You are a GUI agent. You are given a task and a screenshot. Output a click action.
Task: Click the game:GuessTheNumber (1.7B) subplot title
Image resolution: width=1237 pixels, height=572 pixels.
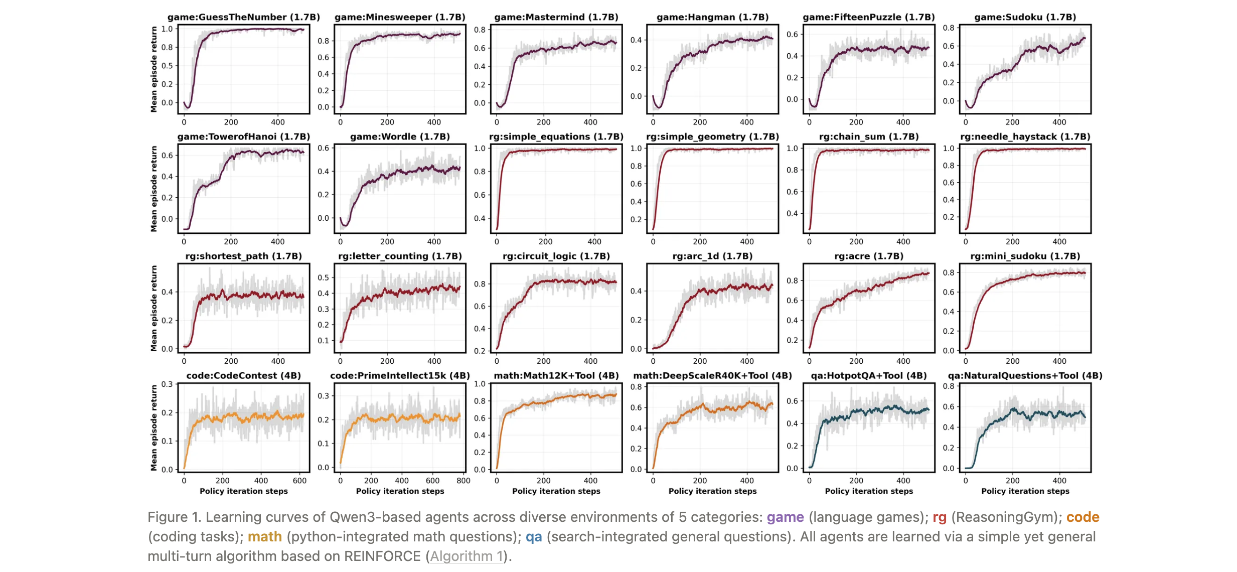click(243, 17)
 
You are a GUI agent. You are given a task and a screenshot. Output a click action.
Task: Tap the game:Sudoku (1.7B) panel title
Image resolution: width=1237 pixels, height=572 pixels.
click(1025, 17)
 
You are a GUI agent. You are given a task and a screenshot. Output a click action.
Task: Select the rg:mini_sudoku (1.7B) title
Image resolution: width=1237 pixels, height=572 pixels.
click(1025, 256)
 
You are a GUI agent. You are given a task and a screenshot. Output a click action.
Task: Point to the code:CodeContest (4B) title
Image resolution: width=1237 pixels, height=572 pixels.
click(243, 375)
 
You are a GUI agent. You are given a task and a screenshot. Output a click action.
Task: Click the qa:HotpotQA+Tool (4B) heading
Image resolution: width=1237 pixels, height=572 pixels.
click(868, 375)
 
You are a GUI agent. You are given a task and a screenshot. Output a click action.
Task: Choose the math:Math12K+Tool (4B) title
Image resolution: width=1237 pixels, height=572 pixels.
click(556, 375)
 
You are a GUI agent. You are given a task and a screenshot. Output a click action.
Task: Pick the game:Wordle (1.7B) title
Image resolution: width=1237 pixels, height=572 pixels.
click(400, 136)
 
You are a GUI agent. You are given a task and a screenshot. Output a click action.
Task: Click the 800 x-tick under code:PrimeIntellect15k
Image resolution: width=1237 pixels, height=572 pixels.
click(463, 481)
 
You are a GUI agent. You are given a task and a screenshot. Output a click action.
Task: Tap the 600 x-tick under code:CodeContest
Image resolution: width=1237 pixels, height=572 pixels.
click(299, 481)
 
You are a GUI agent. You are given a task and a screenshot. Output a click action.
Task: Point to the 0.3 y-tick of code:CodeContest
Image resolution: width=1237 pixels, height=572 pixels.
click(167, 384)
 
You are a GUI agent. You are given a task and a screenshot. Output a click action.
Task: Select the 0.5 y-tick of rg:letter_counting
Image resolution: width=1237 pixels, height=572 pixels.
click(323, 277)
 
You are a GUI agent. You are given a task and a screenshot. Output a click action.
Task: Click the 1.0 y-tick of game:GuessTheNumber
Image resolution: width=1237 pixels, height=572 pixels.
click(167, 29)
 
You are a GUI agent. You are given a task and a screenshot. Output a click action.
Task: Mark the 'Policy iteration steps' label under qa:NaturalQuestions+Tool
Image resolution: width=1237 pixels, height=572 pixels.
click(1025, 491)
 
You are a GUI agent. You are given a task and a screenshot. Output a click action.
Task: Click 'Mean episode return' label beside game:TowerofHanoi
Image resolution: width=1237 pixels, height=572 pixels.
click(154, 189)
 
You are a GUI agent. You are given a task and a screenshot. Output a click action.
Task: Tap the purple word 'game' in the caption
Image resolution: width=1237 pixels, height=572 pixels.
click(785, 517)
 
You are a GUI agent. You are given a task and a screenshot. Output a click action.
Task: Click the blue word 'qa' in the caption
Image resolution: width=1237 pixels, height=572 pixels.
click(534, 537)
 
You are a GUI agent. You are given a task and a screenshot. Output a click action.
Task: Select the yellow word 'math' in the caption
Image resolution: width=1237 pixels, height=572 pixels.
click(264, 537)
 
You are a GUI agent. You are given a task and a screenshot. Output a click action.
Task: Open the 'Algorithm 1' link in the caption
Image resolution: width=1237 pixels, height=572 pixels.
click(466, 556)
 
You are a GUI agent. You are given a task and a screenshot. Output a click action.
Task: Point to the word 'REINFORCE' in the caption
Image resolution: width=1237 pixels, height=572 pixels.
click(382, 556)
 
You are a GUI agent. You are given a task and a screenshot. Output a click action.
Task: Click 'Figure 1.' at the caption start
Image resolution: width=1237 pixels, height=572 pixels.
click(174, 517)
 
